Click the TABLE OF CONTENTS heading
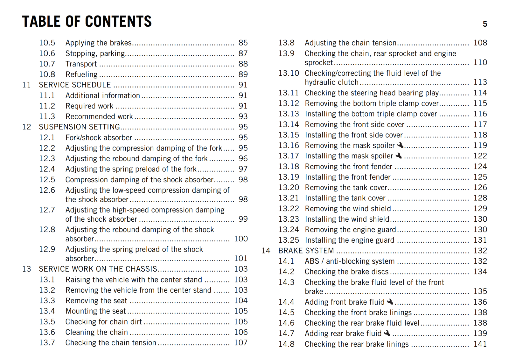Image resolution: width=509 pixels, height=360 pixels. tap(87, 22)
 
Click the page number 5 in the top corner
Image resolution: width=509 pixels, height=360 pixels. tap(485, 24)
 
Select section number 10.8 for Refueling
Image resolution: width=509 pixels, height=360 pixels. tap(47, 74)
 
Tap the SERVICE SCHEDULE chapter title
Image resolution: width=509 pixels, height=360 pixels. tap(75, 85)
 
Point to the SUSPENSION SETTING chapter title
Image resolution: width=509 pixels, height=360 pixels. tap(79, 127)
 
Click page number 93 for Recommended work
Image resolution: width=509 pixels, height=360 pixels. tap(243, 116)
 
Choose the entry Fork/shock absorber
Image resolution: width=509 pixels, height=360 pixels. tap(99, 138)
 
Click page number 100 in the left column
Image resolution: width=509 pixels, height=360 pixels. tap(241, 239)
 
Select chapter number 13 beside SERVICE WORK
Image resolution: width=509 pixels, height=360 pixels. tap(27, 269)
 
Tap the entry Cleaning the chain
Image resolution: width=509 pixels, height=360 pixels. tap(96, 332)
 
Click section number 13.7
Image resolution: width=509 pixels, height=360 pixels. tap(47, 343)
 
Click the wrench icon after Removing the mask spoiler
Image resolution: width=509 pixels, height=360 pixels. tap(401, 145)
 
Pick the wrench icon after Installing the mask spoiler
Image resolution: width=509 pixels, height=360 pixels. tap(399, 156)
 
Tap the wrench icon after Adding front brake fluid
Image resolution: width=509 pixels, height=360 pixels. tap(390, 301)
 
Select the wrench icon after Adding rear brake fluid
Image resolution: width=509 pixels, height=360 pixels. tap(387, 333)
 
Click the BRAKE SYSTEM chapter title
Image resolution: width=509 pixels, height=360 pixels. tap(306, 251)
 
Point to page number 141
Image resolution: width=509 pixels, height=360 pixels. tap(480, 344)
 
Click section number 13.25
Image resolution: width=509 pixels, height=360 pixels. tap(289, 240)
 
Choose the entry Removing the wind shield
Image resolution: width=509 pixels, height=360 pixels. tap(348, 209)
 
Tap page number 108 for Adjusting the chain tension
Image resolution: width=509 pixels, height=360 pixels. tap(480, 43)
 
